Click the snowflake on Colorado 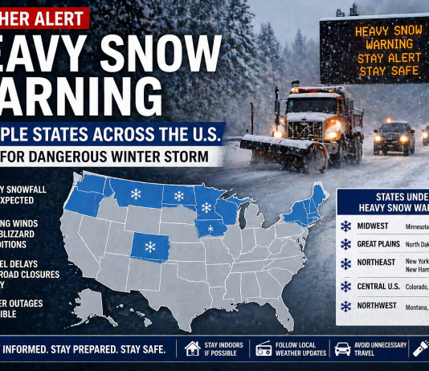tap(149, 247)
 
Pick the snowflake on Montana tap(136, 194)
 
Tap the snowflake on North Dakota tap(178, 196)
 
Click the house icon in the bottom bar tap(193, 349)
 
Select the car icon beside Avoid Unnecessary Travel tap(341, 349)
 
